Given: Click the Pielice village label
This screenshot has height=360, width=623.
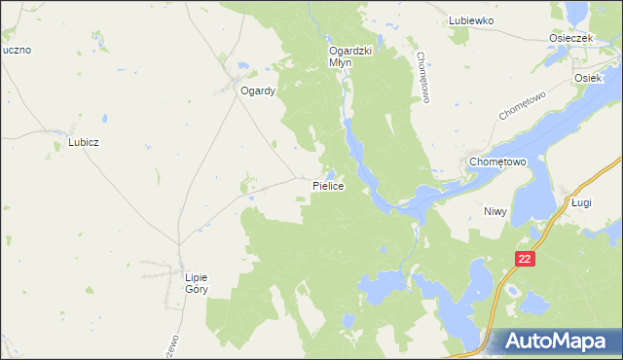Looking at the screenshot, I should coord(329,186).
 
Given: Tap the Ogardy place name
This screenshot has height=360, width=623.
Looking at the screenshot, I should coord(259,91).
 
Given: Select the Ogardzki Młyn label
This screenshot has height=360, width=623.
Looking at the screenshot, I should coord(352,55).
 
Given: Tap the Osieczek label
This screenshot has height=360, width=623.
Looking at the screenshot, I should coord(570,38).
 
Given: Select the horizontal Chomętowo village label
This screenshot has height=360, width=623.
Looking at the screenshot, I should coord(497,162).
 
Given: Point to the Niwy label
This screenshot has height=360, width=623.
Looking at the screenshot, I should coord(496,210).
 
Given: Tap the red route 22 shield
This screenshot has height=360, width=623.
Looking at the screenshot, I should coord(526,259).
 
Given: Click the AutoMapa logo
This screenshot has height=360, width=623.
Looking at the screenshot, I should coord(556,342).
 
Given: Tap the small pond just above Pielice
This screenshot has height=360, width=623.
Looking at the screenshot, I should coord(331,173).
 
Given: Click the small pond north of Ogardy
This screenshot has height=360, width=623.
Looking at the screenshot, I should coord(243,67).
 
